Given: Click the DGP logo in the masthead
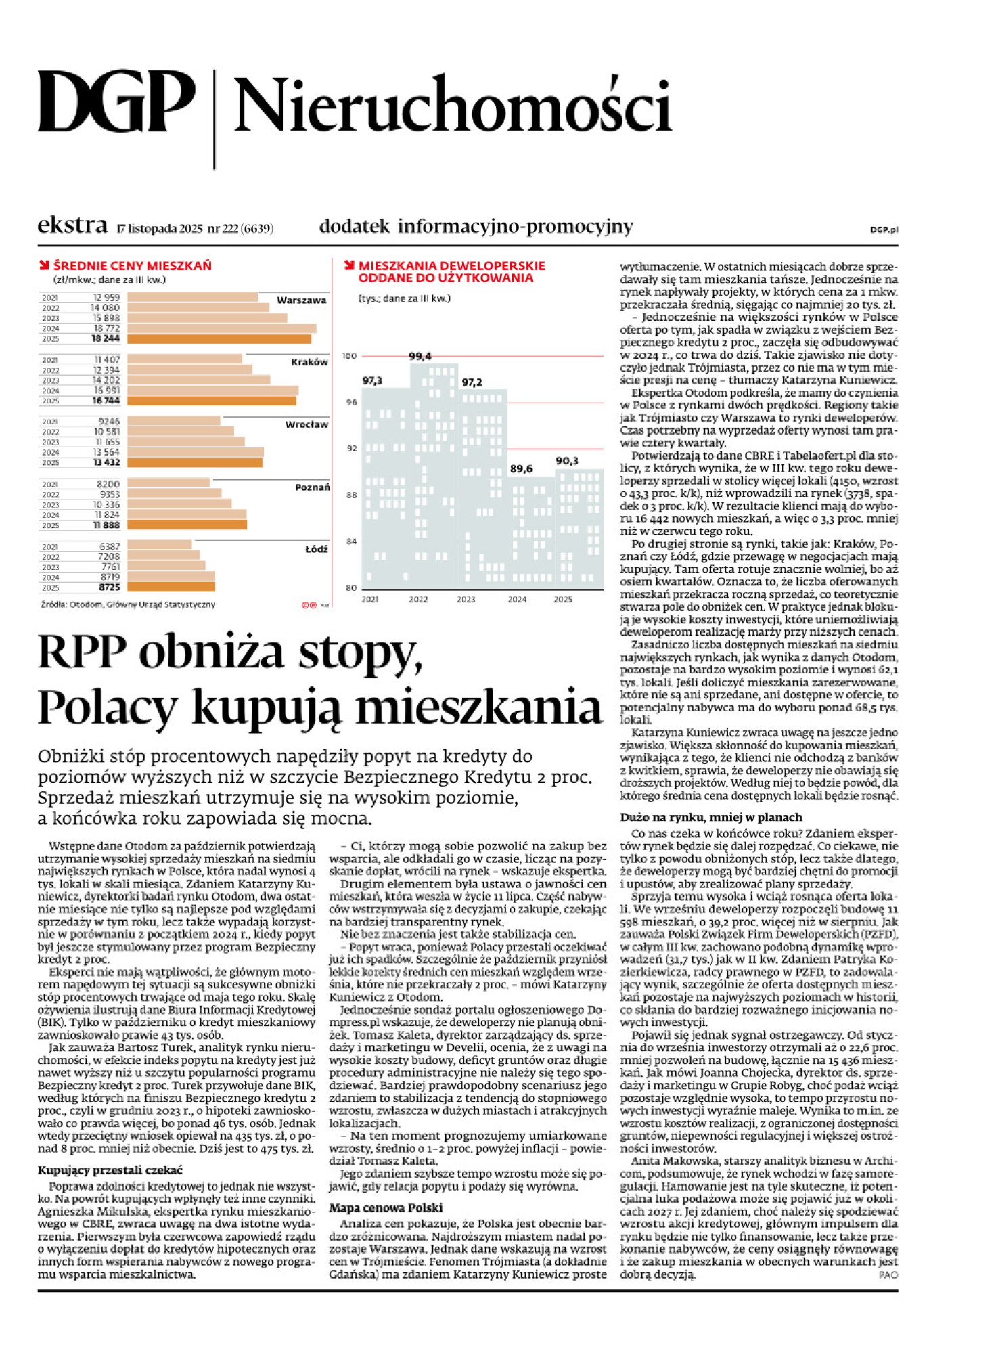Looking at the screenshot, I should coord(116,103).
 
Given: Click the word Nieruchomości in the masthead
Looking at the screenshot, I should coord(452,106).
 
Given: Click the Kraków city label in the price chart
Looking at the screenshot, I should coord(309,362).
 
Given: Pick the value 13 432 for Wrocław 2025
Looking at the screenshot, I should coord(106,463).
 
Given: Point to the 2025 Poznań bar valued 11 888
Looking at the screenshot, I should coord(187,525).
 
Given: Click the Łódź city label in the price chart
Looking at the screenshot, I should coord(316,549).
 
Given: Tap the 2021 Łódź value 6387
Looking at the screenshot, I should coord(109,546).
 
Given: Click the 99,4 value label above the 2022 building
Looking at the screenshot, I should coord(420,356).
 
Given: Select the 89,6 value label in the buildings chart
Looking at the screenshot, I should coord(521,468).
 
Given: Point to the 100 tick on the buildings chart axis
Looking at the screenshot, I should coord(349,356).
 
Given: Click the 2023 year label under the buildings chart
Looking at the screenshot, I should coord(466,599).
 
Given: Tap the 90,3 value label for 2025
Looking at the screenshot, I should coord(566,461).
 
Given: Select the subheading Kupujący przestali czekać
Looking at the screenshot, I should coord(110,1170).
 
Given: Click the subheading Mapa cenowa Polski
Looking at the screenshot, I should coord(386,1207).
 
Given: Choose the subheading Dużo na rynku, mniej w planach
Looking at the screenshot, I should coord(711,817).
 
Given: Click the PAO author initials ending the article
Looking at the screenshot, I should coord(888,1274).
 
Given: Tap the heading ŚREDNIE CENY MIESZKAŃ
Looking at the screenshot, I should coord(132,266).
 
